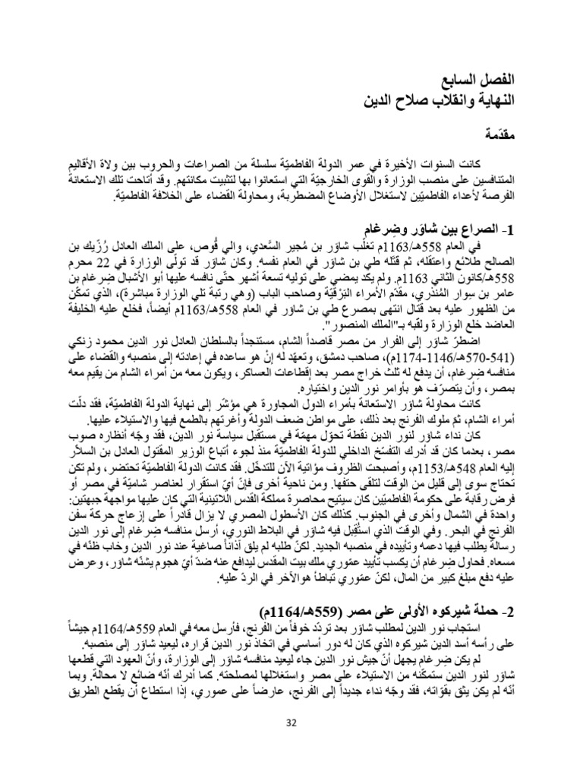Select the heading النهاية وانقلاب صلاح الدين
[438, 101]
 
